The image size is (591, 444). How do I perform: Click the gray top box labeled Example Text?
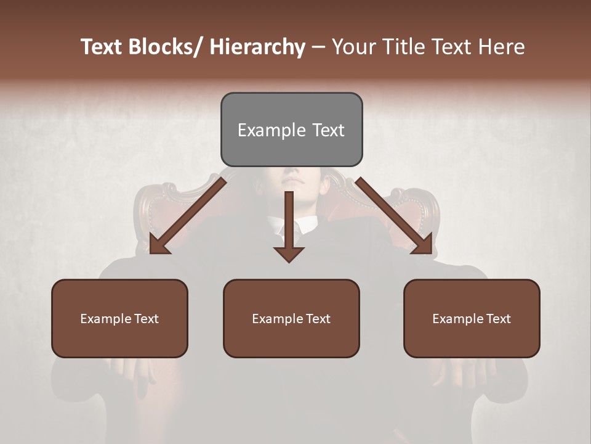click(x=291, y=129)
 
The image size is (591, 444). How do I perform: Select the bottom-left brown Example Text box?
click(x=119, y=319)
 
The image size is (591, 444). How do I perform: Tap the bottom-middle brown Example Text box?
click(x=291, y=319)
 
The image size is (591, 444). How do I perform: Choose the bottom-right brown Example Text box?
click(x=472, y=319)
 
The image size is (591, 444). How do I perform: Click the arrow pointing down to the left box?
click(x=185, y=216)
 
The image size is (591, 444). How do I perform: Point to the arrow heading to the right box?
click(x=394, y=216)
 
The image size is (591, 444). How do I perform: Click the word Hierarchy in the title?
click(x=257, y=47)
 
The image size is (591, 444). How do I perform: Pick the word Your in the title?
click(x=353, y=47)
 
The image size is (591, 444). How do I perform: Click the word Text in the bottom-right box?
click(x=497, y=319)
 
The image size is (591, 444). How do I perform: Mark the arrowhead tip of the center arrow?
click(x=289, y=261)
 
